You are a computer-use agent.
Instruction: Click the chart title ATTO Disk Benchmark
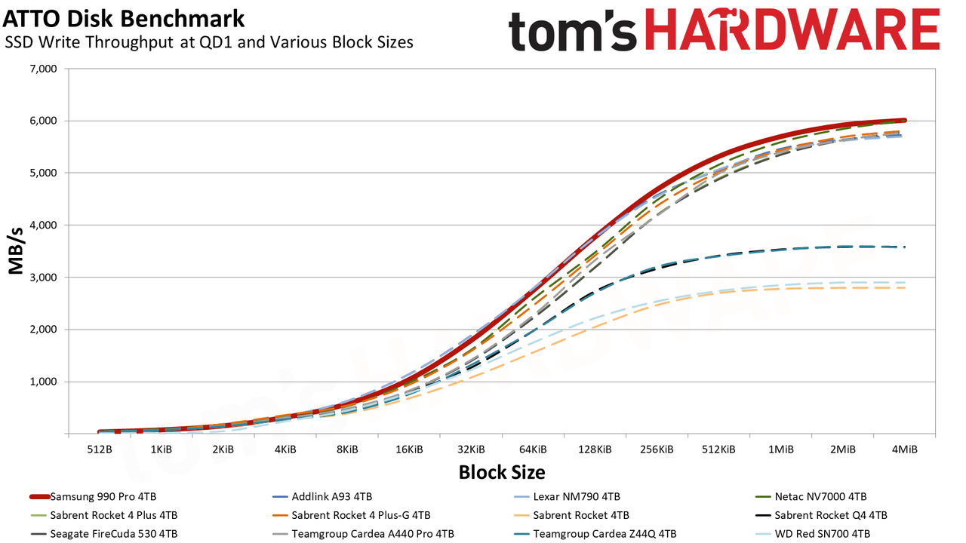coord(123,19)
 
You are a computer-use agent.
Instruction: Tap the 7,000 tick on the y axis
coord(44,69)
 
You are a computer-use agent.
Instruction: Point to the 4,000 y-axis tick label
coord(44,225)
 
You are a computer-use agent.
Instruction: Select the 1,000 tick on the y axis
coord(44,382)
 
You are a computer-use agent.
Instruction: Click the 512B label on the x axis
coord(100,449)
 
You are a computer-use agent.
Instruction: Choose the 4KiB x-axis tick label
coord(285,449)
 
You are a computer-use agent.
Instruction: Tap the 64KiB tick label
coord(533,449)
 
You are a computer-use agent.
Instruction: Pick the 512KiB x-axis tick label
coord(718,449)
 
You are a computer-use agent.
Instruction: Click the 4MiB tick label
coord(904,449)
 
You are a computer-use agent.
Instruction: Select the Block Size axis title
coord(502,472)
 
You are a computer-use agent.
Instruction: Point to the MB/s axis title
coord(16,251)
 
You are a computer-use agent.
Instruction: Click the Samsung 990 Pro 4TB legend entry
coord(93,496)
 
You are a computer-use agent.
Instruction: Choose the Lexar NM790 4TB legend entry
coord(567,496)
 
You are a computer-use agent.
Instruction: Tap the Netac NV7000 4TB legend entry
coord(811,496)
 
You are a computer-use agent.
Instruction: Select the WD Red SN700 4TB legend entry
coord(813,534)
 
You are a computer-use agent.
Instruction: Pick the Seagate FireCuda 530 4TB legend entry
coord(104,534)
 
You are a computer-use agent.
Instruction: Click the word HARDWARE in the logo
coord(792,29)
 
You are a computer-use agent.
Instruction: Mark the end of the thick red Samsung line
coord(904,120)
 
